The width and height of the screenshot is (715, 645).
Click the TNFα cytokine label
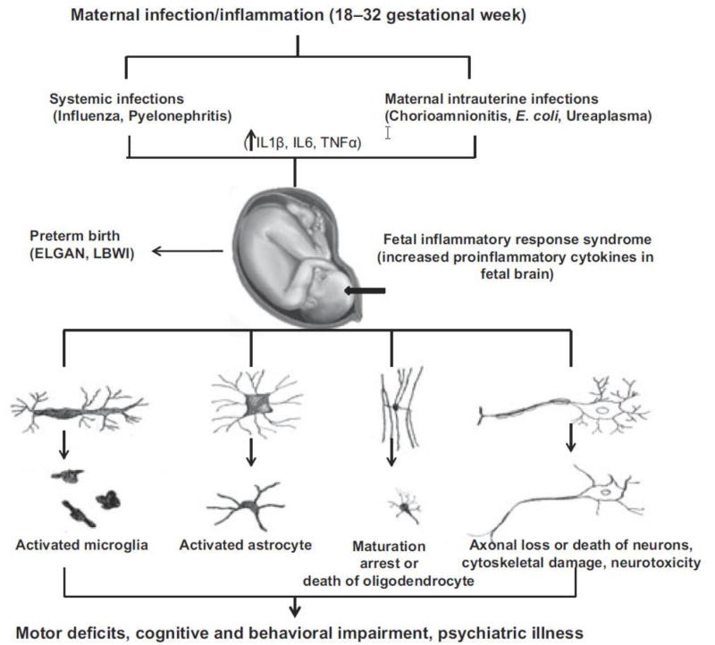[x=340, y=141]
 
